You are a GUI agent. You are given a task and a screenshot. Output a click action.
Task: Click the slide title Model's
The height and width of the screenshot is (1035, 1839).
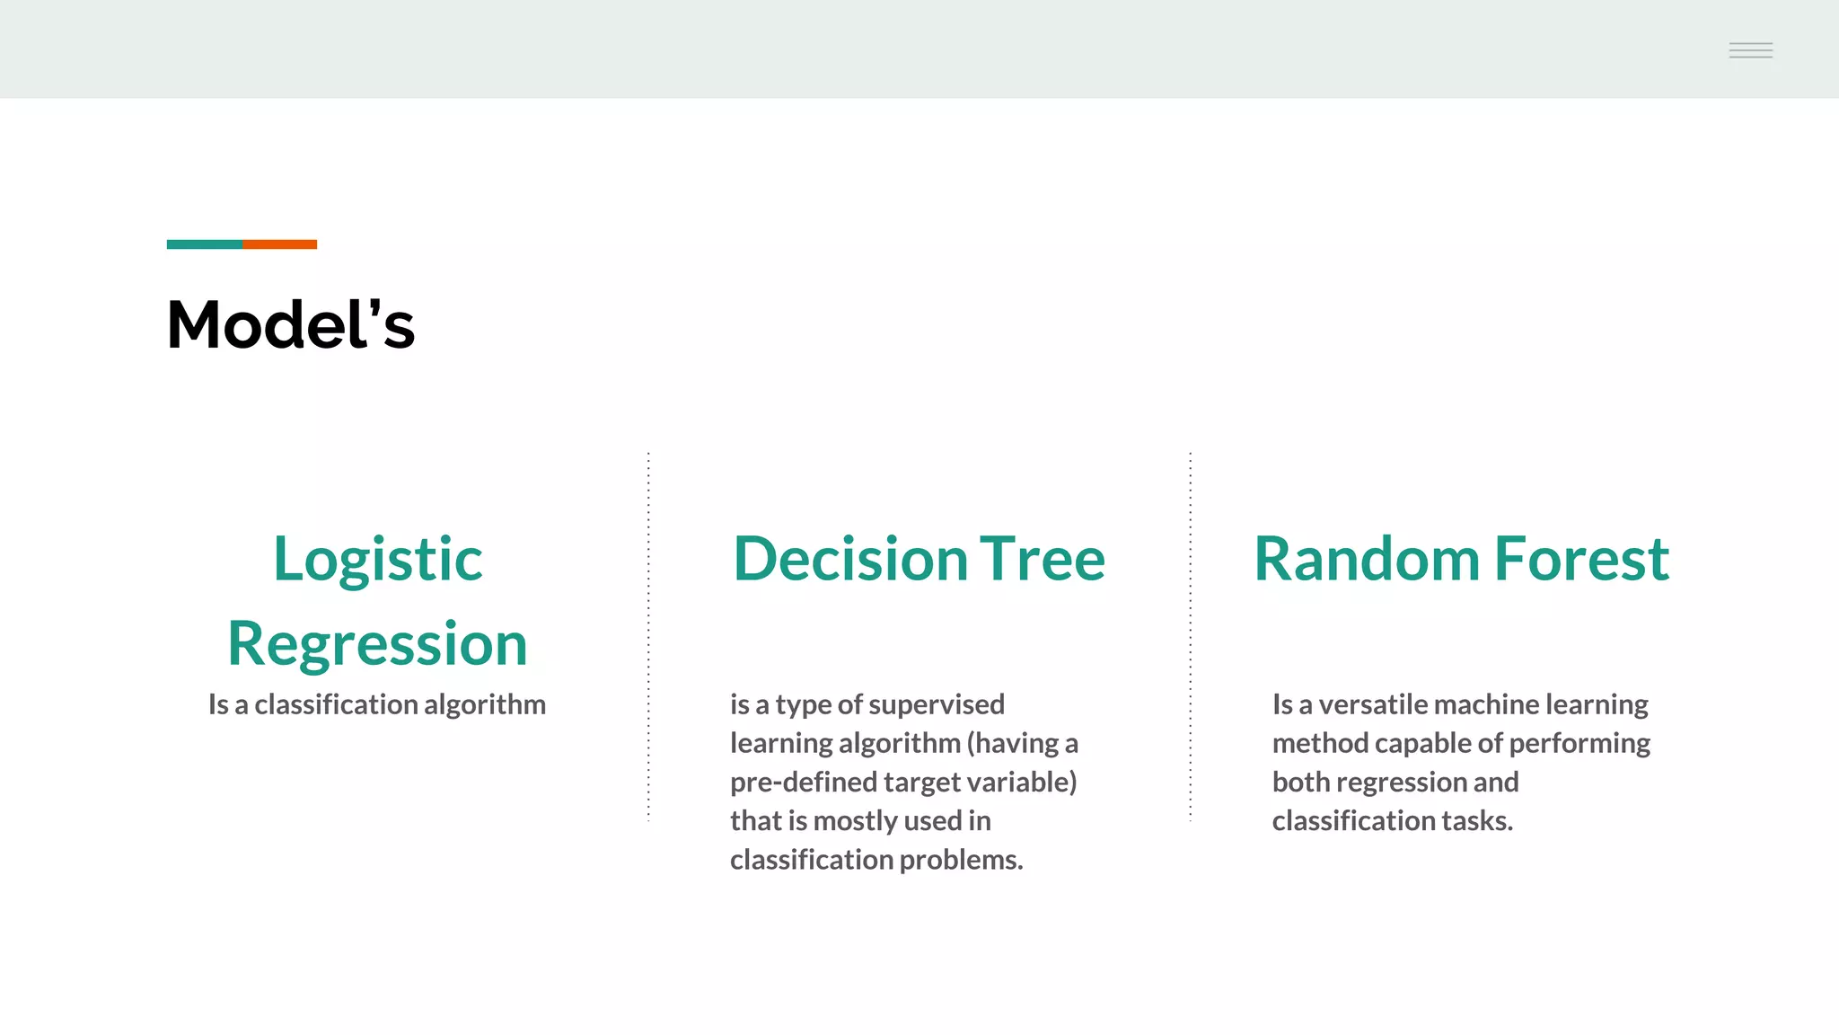click(x=290, y=325)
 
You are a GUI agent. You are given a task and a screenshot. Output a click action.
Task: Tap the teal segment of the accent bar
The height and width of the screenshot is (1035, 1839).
click(x=204, y=244)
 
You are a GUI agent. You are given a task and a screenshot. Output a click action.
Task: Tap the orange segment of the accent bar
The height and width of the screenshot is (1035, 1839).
click(x=279, y=244)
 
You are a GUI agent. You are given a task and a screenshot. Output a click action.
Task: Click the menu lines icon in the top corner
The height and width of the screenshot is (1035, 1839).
click(x=1750, y=50)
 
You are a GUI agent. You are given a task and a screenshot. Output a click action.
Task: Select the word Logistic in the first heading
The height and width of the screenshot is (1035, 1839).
click(x=377, y=560)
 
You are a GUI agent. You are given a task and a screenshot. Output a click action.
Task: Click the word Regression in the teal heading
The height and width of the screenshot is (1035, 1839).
click(x=377, y=644)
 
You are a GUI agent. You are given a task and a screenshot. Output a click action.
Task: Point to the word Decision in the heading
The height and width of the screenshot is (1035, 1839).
click(x=849, y=560)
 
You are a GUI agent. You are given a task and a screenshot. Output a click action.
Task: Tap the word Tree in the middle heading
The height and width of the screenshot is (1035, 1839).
click(x=1042, y=560)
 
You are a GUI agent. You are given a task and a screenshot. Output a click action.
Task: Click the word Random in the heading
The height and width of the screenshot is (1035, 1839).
click(x=1367, y=560)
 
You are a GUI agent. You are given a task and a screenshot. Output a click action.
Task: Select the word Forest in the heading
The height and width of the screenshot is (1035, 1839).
click(x=1581, y=560)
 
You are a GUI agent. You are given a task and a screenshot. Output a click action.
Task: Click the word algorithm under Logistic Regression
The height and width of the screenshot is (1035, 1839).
click(x=484, y=704)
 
